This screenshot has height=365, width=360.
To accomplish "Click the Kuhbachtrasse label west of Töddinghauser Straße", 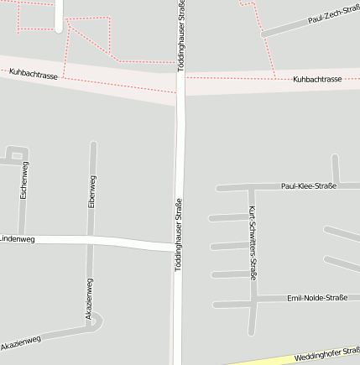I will point(34,74).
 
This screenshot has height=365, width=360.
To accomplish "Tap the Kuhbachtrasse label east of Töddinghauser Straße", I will point(317,79).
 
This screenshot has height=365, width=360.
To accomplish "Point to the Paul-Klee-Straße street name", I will point(308,185).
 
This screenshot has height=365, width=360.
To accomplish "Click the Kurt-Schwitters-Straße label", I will point(252,242).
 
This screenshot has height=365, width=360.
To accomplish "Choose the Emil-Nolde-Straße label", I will point(316,298).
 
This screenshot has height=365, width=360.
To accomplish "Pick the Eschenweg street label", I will point(24,180).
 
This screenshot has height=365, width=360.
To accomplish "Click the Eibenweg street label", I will point(91,190).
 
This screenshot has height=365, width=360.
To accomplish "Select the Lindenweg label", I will point(17,239).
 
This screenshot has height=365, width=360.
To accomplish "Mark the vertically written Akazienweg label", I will point(89,298).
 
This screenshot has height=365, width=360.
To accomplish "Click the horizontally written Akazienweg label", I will point(21,343).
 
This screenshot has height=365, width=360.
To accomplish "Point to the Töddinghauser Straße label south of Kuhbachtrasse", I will point(178,233).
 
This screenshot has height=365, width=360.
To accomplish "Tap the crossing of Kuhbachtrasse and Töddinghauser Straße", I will point(180,84).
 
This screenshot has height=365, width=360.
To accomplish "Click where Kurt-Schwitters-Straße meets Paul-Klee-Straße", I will point(249,186).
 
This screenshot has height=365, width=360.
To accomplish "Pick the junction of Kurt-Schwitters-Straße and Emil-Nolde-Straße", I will point(252,300).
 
